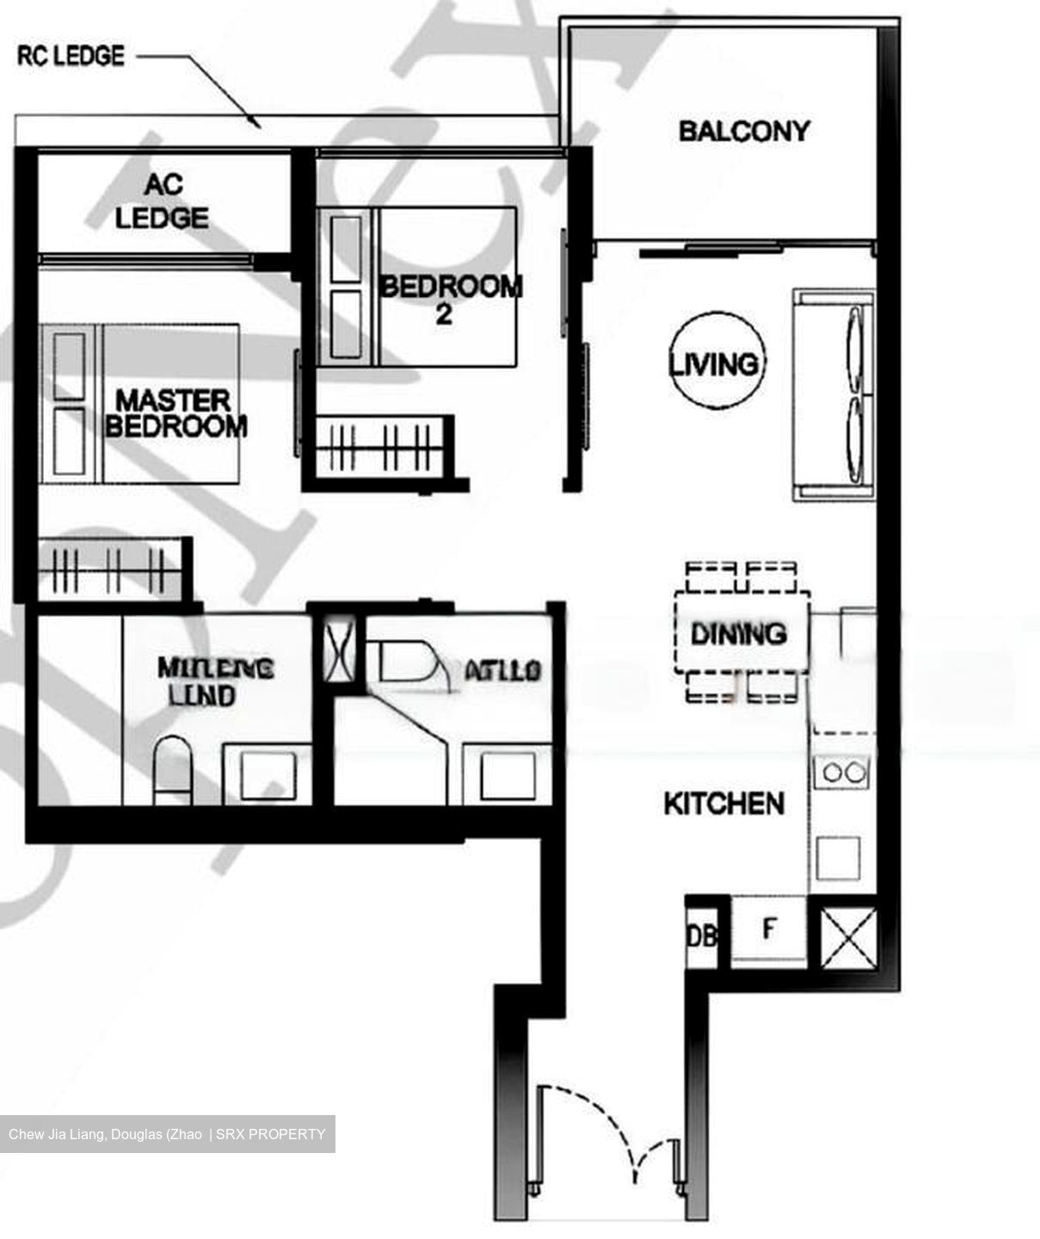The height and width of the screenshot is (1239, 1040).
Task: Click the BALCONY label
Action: pyautogui.click(x=743, y=131)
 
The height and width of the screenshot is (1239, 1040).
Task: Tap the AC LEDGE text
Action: pyautogui.click(x=162, y=201)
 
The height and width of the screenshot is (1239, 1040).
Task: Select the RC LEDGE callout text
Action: pyautogui.click(x=71, y=57)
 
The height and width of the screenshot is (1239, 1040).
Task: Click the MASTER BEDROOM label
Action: pyautogui.click(x=175, y=413)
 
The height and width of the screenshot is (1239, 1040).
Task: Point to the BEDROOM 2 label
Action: pyautogui.click(x=450, y=299)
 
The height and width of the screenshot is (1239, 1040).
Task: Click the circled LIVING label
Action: pyautogui.click(x=715, y=363)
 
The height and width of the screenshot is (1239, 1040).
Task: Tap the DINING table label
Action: pyautogui.click(x=739, y=634)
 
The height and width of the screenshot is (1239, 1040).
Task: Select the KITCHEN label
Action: pyautogui.click(x=723, y=804)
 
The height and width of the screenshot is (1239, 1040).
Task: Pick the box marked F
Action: pyautogui.click(x=769, y=929)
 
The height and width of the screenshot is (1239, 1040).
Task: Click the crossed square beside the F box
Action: pyautogui.click(x=848, y=935)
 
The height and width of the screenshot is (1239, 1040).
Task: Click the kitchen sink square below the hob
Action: pyautogui.click(x=838, y=857)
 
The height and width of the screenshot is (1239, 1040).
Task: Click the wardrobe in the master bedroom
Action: pyautogui.click(x=112, y=568)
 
